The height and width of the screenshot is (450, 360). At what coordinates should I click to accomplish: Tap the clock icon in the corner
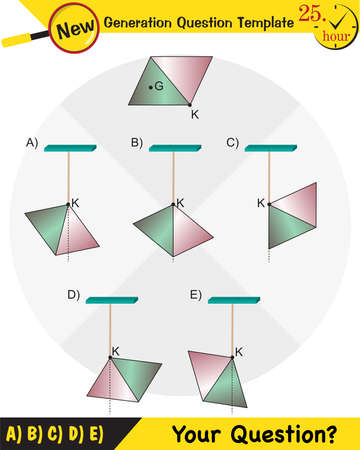(x=337, y=30)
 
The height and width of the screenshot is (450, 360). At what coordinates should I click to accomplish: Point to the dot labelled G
(x=151, y=87)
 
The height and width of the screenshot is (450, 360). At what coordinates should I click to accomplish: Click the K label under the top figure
(x=194, y=115)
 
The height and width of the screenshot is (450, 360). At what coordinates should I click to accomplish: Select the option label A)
(x=32, y=143)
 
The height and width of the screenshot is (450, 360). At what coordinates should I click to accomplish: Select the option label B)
(x=137, y=143)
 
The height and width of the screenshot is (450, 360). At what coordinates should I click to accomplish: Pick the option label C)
(x=232, y=143)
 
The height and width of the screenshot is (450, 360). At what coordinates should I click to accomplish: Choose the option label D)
(x=73, y=294)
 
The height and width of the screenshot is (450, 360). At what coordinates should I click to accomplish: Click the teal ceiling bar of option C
(x=271, y=149)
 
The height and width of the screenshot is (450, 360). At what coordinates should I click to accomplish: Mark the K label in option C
(x=261, y=203)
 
